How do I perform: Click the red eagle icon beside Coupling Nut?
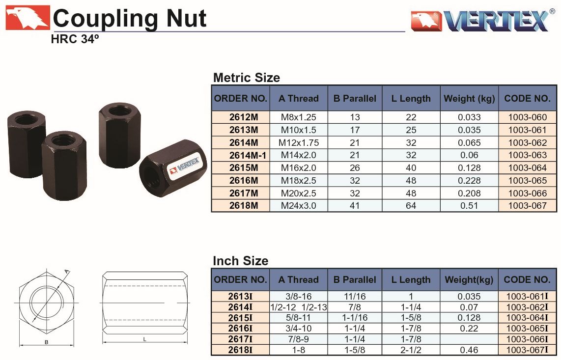[27, 17]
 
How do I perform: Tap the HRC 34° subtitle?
[74, 39]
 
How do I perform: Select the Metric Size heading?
[247, 78]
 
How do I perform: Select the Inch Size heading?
[240, 261]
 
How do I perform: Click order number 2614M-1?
[248, 155]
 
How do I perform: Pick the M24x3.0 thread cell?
[298, 206]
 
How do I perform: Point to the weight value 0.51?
[469, 206]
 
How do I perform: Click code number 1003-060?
[528, 117]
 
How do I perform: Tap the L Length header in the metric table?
[411, 98]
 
